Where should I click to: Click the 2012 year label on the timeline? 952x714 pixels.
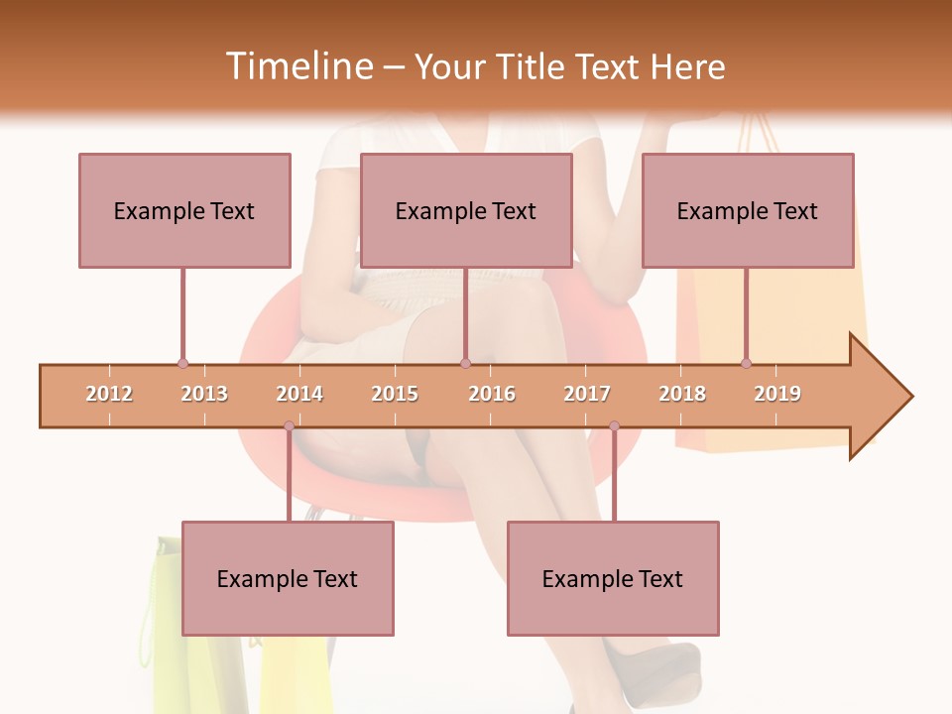coord(109,394)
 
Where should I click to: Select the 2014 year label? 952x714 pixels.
coord(299,394)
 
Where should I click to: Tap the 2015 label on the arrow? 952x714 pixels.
coord(395,394)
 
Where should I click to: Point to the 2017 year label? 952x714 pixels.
coord(587,394)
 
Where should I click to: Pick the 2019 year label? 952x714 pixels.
coord(777,394)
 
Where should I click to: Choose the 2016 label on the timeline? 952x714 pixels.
coord(492,394)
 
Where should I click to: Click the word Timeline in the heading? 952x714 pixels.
coord(298,66)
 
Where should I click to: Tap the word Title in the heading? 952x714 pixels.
coord(533,66)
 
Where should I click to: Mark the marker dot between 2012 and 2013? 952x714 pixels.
coord(182,363)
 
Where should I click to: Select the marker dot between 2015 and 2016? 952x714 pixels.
coord(465,363)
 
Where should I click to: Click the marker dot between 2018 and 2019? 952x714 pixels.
coord(746,363)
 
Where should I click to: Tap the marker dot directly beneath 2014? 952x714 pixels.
coord(289,426)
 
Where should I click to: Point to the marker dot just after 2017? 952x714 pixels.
coord(614,426)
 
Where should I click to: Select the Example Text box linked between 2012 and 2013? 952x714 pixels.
coord(184,210)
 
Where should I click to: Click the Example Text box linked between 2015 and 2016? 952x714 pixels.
coord(466,210)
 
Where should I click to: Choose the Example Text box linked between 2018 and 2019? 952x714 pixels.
coord(748,210)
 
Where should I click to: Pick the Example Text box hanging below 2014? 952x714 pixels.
coord(288,578)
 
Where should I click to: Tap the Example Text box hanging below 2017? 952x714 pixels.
coord(613,578)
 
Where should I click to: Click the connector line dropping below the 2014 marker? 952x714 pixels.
coord(289,476)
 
